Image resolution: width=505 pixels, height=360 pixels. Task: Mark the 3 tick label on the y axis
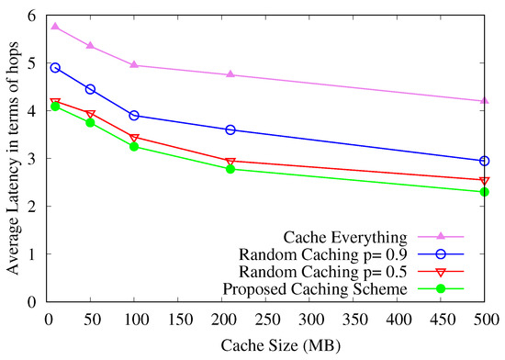tap(31, 159)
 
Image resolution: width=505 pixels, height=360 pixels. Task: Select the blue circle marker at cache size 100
tap(135, 116)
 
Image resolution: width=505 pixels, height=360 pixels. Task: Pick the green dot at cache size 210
tap(230, 169)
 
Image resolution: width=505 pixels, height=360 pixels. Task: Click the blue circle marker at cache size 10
tap(56, 68)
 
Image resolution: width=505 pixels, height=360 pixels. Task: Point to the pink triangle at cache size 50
tap(91, 45)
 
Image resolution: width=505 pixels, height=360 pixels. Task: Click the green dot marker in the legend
tap(442, 290)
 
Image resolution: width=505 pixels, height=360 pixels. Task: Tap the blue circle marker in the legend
tap(442, 253)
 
